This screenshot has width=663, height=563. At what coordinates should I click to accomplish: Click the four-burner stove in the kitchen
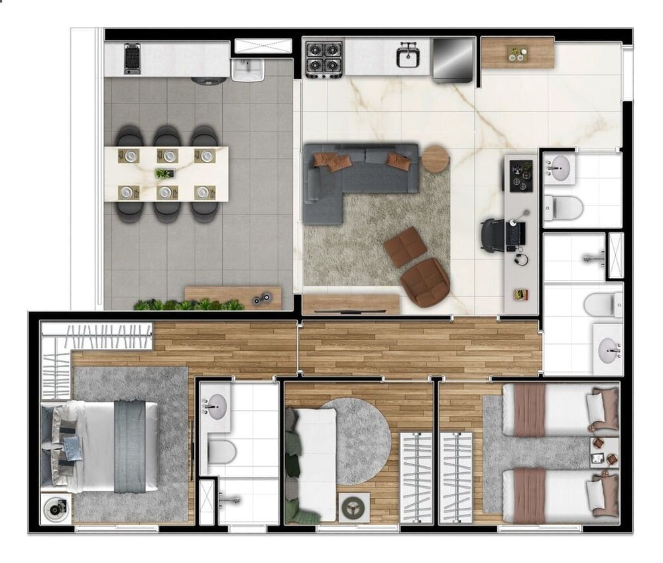click(x=324, y=60)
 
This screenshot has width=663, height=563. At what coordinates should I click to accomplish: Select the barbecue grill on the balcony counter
click(x=133, y=59)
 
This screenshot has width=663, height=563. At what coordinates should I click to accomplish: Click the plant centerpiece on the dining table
click(x=163, y=174)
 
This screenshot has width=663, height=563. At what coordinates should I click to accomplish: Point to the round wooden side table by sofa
click(x=436, y=158)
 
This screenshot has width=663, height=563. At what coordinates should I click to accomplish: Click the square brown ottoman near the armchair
click(x=405, y=247)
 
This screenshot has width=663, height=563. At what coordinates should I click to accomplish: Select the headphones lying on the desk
click(x=522, y=258)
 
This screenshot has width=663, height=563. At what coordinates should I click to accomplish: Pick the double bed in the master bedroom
click(x=106, y=446)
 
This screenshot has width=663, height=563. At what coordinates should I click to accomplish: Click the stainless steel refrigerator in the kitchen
click(x=453, y=60)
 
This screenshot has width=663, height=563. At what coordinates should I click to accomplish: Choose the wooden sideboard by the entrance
click(x=518, y=53)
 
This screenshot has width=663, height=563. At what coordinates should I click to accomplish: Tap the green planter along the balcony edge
click(x=189, y=305)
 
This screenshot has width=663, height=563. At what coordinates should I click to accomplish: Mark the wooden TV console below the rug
click(x=351, y=303)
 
